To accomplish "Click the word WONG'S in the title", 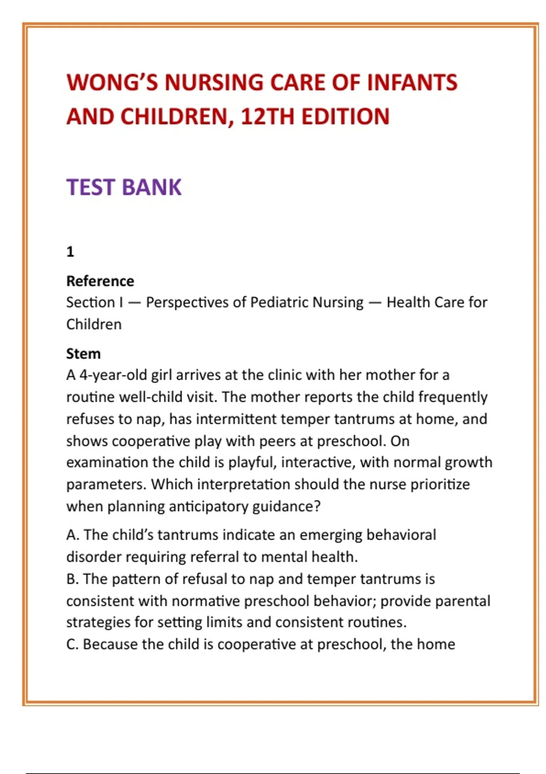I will point(111,83).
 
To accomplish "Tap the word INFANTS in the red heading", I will point(412,83).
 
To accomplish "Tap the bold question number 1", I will point(70,251).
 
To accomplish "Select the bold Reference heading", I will point(100,281).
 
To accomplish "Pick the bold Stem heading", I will point(83,354).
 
